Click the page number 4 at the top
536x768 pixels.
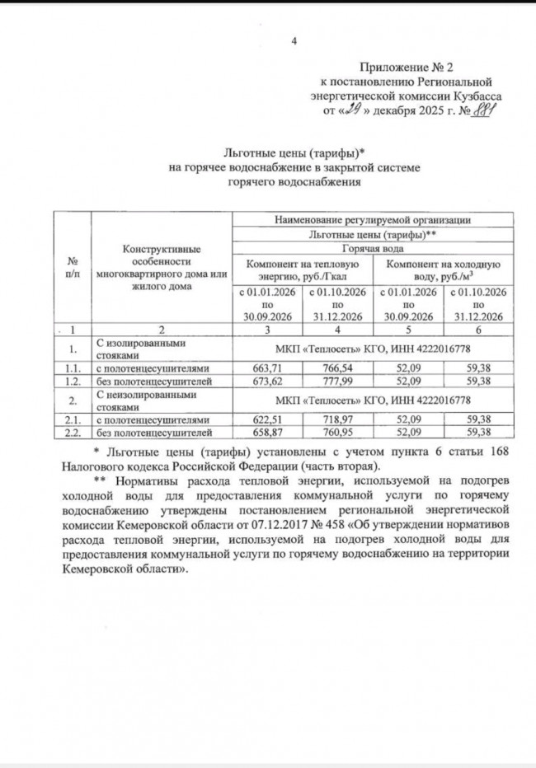(295, 42)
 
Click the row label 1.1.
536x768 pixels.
(72, 368)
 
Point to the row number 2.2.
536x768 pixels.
(72, 433)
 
